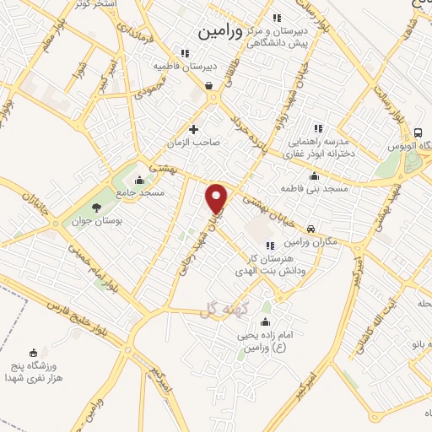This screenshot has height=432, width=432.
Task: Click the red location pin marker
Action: click(217, 198)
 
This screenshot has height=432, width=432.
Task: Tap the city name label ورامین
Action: click(219, 32)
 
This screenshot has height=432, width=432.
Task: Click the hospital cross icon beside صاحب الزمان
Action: click(194, 129)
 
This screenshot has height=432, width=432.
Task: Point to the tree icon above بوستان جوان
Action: click(97, 207)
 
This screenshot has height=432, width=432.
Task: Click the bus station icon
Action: click(418, 133)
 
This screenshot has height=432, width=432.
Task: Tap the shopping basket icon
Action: click(208, 84)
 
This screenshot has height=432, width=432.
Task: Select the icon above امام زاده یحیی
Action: click(267, 322)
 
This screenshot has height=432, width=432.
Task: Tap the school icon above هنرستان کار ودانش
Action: click(270, 246)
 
